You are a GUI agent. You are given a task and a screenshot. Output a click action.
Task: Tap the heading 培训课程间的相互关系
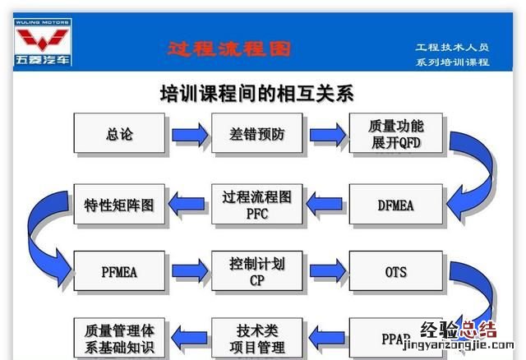256,93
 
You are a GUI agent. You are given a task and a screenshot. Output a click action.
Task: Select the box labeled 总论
119,134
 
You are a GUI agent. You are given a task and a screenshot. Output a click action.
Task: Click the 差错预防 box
257,134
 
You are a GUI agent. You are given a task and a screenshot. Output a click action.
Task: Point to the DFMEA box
396,205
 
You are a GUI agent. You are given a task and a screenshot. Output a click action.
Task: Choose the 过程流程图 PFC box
257,205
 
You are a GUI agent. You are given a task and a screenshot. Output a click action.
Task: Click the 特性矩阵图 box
119,205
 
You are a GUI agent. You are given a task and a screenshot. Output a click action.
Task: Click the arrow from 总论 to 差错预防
188,134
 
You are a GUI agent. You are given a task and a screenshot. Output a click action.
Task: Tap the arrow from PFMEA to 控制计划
188,269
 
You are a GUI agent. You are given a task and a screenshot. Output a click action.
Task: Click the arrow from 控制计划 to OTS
326,269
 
